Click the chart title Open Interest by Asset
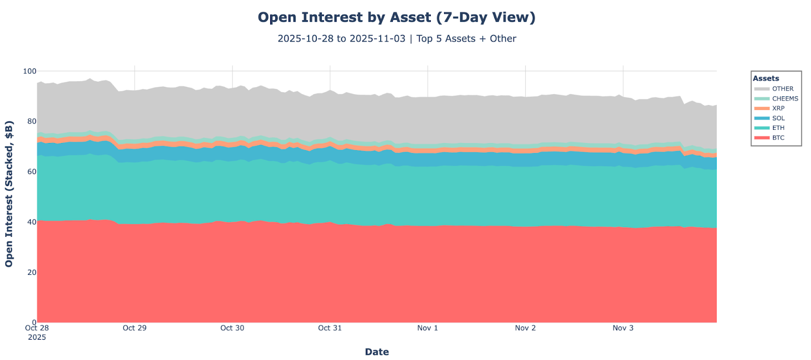coord(396,17)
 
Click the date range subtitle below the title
coord(396,39)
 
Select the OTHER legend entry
coord(783,89)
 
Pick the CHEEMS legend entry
coord(785,98)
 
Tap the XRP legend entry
coord(778,108)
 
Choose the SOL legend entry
coord(778,118)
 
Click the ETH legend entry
coord(778,128)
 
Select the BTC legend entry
coord(778,137)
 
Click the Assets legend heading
coord(766,79)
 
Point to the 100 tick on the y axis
coord(29,71)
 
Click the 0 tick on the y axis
coord(33,322)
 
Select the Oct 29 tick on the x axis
coord(134,328)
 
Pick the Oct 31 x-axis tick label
coord(330,328)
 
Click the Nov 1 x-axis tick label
coord(427,328)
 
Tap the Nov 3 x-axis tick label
coord(623,328)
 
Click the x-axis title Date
coord(377,352)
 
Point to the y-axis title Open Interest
coord(9,194)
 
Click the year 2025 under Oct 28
coord(37,337)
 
